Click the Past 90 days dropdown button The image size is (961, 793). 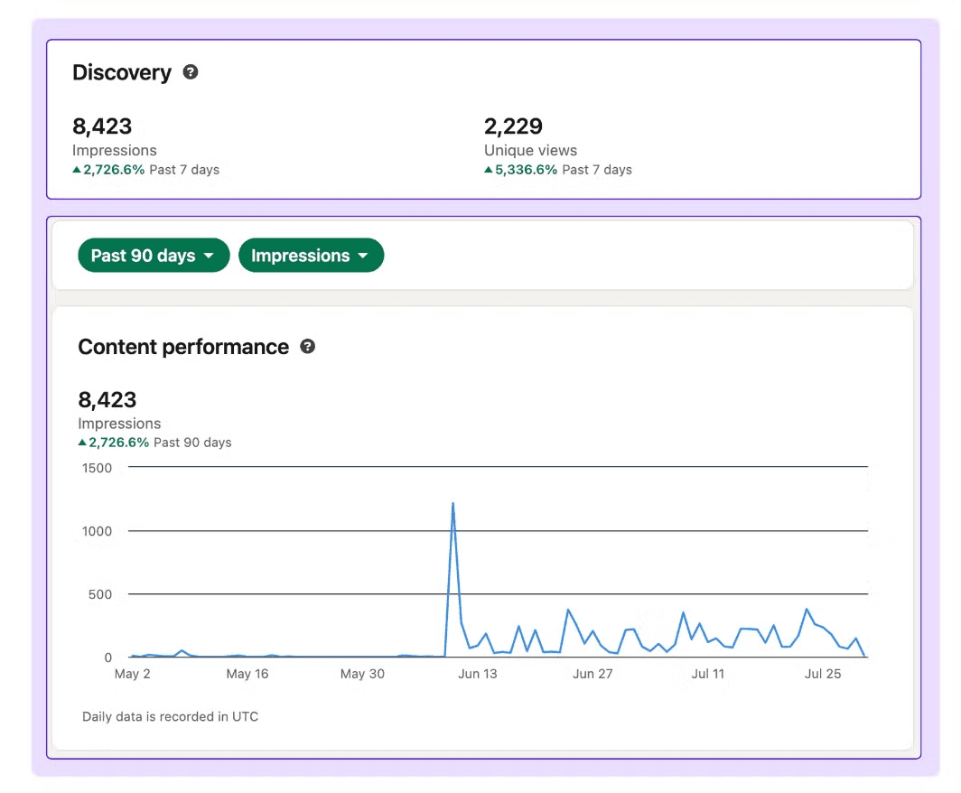154,255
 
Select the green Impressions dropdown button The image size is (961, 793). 311,255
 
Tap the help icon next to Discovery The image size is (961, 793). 191,71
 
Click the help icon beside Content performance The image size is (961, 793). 308,346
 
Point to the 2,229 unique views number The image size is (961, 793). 513,126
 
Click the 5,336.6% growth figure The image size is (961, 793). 526,170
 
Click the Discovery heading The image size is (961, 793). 122,72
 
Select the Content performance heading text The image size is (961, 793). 183,347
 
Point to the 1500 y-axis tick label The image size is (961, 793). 97,468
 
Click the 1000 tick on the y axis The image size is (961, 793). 97,531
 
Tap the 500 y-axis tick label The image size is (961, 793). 100,594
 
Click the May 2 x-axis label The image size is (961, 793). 133,674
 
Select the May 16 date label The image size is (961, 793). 247,674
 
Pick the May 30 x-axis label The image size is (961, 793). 362,674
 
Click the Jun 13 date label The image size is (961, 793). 478,674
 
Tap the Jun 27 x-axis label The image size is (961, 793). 592,674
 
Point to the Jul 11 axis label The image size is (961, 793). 708,674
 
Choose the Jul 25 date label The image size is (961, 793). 823,674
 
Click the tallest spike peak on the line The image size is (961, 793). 453,504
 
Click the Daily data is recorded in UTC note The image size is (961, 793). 171,716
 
